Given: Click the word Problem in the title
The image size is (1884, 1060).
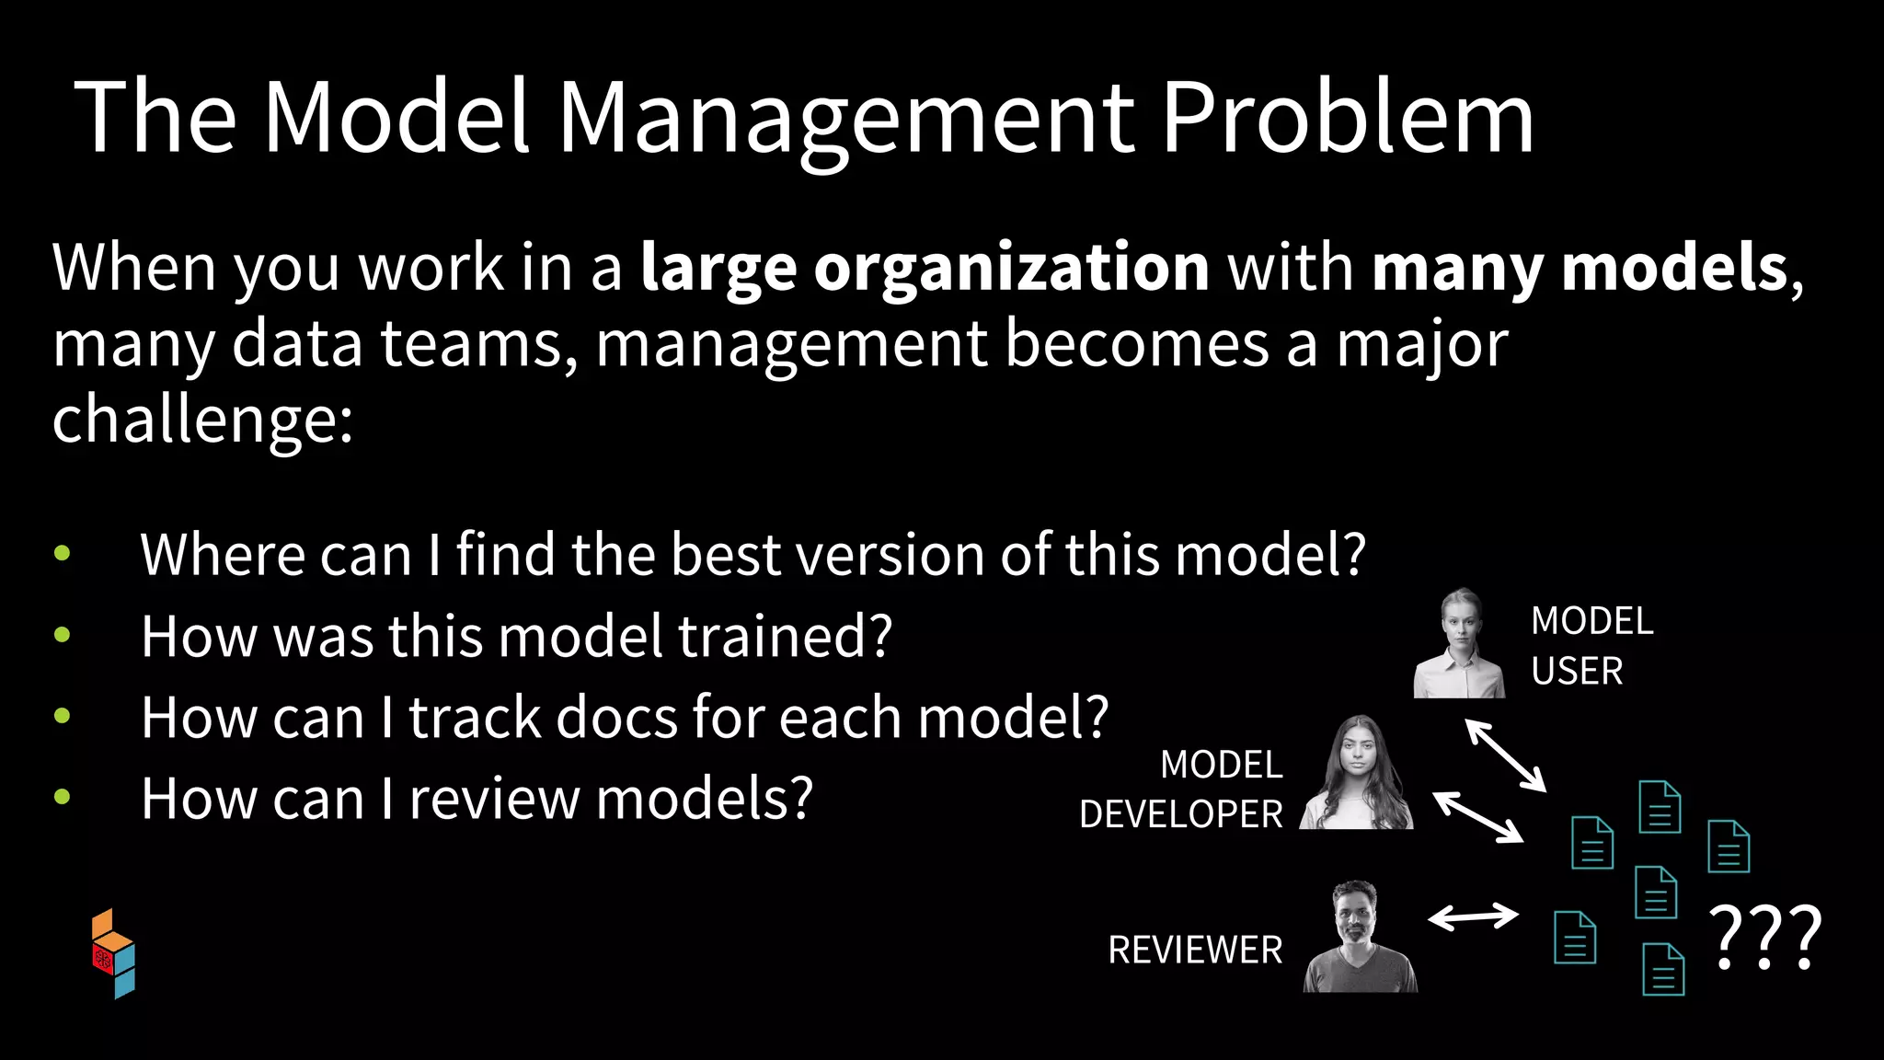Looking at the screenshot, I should click(1348, 118).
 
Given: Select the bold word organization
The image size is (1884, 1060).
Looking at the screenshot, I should click(1011, 269).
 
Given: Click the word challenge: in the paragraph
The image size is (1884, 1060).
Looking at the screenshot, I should click(202, 420).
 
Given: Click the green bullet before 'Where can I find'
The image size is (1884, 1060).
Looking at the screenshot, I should click(63, 553).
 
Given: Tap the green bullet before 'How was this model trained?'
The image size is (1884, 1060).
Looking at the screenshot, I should click(63, 634).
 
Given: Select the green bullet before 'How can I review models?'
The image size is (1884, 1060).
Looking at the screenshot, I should click(63, 797).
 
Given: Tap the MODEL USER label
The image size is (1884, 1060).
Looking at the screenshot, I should click(1591, 646).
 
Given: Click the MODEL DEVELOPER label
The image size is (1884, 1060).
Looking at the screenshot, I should click(1181, 789).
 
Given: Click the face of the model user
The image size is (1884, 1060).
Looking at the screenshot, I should click(1460, 626).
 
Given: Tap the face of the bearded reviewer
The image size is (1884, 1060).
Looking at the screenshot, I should click(1356, 916).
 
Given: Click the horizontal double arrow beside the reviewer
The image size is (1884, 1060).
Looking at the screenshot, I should click(1473, 916).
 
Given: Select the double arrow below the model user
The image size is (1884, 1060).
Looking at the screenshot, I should click(1505, 755).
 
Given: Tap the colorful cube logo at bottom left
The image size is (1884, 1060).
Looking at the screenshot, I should click(113, 953).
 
